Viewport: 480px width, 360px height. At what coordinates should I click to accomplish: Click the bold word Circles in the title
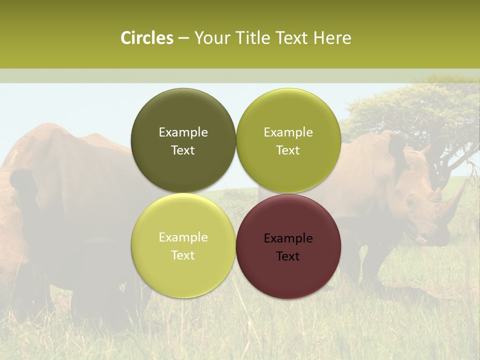(146, 38)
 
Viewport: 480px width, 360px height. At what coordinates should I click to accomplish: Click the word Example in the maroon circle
(288, 238)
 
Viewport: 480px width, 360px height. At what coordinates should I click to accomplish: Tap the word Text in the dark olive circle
(183, 150)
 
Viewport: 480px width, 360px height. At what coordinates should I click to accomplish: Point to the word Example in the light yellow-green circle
(183, 237)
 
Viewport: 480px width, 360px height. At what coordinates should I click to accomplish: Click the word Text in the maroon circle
(288, 256)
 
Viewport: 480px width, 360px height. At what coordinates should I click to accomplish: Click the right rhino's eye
(411, 202)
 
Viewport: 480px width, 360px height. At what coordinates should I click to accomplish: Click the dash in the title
(183, 38)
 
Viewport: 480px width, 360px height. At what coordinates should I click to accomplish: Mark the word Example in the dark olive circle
(183, 132)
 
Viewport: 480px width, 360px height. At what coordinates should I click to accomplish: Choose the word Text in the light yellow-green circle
(183, 255)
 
